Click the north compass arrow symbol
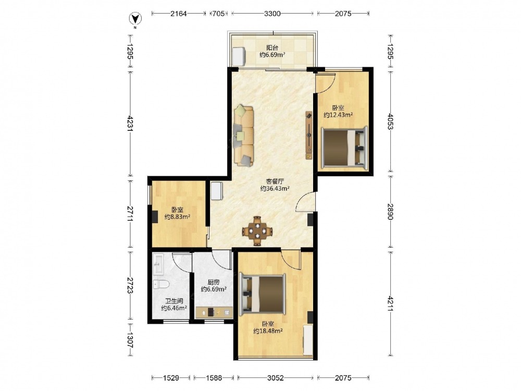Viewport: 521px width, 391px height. click(135, 19)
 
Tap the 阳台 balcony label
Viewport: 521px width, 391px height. click(272, 48)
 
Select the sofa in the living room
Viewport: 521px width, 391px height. click(244, 136)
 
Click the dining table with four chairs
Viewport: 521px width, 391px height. click(257, 231)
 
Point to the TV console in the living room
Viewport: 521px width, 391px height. click(309, 136)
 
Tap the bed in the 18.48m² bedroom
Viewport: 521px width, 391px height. click(263, 294)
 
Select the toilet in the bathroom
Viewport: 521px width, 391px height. click(161, 284)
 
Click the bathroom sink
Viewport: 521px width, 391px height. click(158, 264)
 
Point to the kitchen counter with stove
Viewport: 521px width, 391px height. click(214, 312)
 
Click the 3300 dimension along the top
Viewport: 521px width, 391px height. click(272, 14)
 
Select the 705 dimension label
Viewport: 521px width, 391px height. click(218, 14)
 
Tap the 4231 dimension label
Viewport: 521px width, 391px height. click(130, 124)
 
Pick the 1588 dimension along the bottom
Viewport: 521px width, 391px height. click(214, 377)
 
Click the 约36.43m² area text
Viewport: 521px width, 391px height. click(275, 189)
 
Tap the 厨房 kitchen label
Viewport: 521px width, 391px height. click(214, 282)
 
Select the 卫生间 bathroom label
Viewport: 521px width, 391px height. click(174, 301)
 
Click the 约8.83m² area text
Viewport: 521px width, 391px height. click(178, 217)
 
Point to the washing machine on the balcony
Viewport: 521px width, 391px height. click(239, 56)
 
